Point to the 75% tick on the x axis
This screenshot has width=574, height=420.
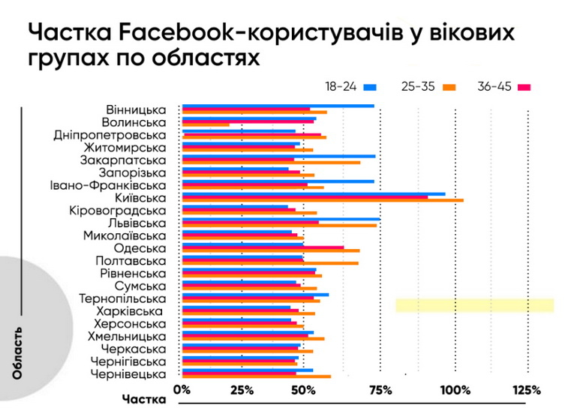pyautogui.click(x=380, y=390)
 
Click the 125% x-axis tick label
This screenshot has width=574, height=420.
pyautogui.click(x=527, y=390)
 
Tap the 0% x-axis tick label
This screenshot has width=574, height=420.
pyautogui.click(x=182, y=390)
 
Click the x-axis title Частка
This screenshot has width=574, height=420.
pyautogui.click(x=143, y=400)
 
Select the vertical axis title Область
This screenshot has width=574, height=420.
pyautogui.click(x=17, y=352)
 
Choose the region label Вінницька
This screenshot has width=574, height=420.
pyautogui.click(x=136, y=109)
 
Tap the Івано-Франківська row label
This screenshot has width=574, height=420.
pyautogui.click(x=108, y=185)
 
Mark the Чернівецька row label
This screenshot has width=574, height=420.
pyautogui.click(x=128, y=373)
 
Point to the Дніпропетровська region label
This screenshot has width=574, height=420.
pyautogui.click(x=110, y=135)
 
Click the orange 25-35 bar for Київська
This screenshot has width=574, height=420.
pyautogui.click(x=323, y=201)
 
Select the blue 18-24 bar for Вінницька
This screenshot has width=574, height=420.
pyautogui.click(x=278, y=106)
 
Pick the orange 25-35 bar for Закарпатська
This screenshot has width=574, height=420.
pyautogui.click(x=271, y=163)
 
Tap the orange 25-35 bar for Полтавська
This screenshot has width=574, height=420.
pyautogui.click(x=270, y=263)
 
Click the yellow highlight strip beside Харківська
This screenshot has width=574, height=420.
pyautogui.click(x=474, y=304)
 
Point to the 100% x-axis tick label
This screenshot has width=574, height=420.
pyautogui.click(x=454, y=390)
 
